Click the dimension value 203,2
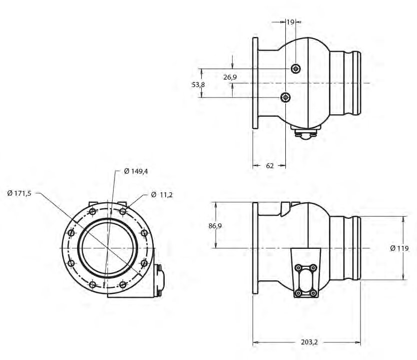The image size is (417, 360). click(x=309, y=342)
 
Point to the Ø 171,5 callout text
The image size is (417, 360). click(x=20, y=193)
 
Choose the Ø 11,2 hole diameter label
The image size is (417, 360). click(x=162, y=194)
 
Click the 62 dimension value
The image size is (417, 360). click(x=269, y=166)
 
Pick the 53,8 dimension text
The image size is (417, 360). click(x=198, y=85)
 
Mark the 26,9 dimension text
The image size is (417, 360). click(x=230, y=77)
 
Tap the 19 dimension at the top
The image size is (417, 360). click(x=290, y=22)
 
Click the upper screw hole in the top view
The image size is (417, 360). click(x=296, y=68)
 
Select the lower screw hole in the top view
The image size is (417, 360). click(x=285, y=97)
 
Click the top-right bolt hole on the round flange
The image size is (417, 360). click(x=123, y=211)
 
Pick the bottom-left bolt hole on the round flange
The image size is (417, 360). click(x=92, y=284)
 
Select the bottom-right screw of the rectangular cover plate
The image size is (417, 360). click(x=313, y=292)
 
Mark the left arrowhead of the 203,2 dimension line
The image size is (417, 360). click(x=255, y=343)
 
